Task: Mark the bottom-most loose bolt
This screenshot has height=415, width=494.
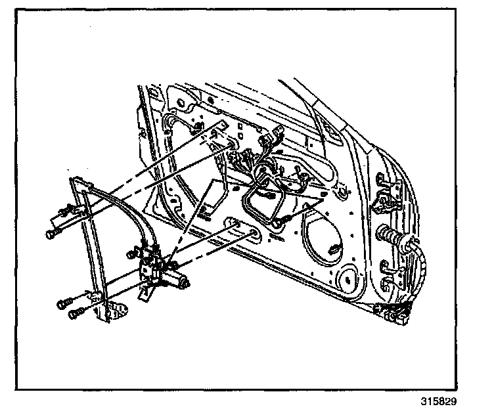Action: click(75, 313)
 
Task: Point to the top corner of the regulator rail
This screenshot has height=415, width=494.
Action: click(75, 179)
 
